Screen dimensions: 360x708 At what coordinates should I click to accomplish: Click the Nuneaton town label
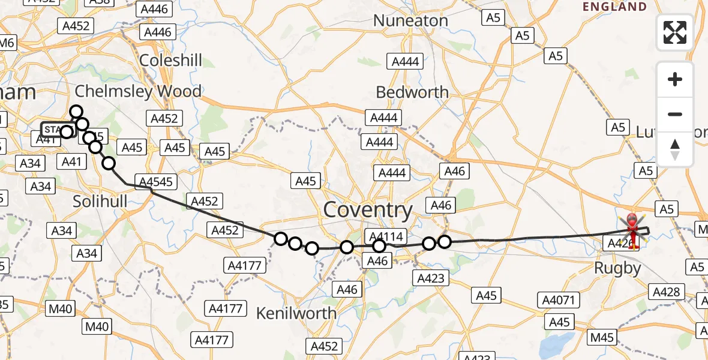[410, 20]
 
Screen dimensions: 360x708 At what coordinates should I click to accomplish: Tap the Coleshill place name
[170, 61]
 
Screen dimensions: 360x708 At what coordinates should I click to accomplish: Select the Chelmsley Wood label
[138, 91]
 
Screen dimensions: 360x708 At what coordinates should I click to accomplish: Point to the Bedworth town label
[412, 92]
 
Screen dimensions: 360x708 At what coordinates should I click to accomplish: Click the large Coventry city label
[368, 210]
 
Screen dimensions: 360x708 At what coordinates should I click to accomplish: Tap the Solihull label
[100, 202]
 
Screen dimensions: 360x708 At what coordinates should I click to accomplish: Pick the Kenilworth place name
[296, 313]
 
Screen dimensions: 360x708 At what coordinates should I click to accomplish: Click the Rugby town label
[617, 268]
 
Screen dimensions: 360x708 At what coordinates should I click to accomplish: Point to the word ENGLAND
[615, 7]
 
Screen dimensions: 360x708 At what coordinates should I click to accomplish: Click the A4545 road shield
[155, 181]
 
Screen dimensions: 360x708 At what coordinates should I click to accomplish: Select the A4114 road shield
[385, 236]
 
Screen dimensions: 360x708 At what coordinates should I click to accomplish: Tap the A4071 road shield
[558, 300]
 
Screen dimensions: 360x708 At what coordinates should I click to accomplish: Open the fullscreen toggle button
[675, 32]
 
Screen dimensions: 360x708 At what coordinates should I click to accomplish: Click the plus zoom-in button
[675, 79]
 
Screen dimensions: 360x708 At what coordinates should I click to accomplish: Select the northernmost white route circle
[76, 112]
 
